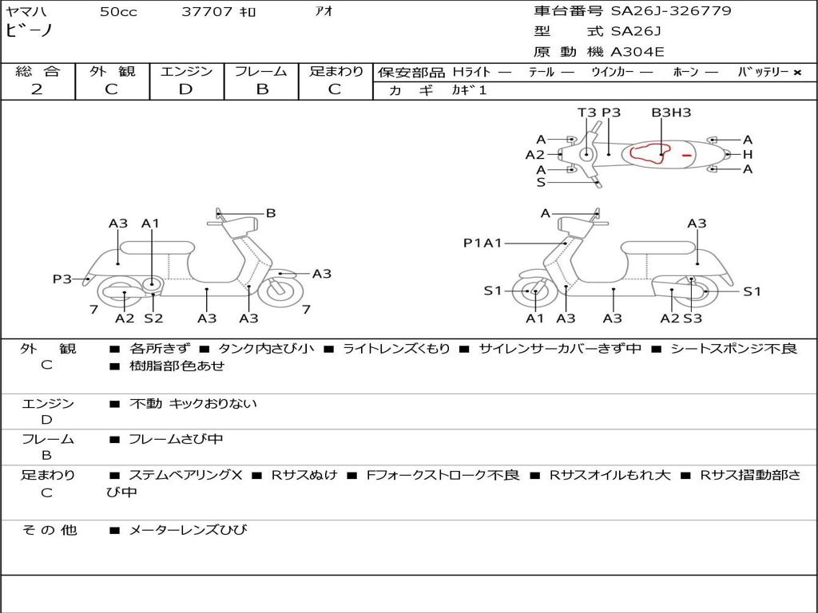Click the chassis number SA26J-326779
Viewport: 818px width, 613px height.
pyautogui.click(x=671, y=11)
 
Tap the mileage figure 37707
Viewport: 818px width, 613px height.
pyautogui.click(x=207, y=11)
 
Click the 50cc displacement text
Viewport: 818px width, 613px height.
pyautogui.click(x=118, y=11)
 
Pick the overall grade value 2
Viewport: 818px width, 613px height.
pyautogui.click(x=37, y=89)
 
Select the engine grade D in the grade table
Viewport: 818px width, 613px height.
pyautogui.click(x=185, y=89)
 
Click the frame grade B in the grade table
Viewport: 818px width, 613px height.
pyautogui.click(x=262, y=89)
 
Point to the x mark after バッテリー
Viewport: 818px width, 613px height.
pyautogui.click(x=797, y=73)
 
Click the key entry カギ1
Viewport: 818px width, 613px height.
pyautogui.click(x=469, y=90)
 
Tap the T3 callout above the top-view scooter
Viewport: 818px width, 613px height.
pyautogui.click(x=586, y=113)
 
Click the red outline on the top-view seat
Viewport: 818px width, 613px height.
pyautogui.click(x=647, y=152)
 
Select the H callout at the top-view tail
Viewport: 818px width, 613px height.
pyautogui.click(x=748, y=154)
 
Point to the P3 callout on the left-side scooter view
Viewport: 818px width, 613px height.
pyautogui.click(x=62, y=279)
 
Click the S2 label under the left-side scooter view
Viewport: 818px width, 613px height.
pyautogui.click(x=153, y=318)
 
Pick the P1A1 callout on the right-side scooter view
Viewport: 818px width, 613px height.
pyautogui.click(x=482, y=243)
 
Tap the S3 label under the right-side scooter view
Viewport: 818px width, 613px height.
pyautogui.click(x=693, y=318)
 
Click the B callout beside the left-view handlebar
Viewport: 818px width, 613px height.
pyautogui.click(x=270, y=213)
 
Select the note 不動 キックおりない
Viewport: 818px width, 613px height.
pyautogui.click(x=193, y=403)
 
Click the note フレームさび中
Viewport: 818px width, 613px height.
pyautogui.click(x=176, y=440)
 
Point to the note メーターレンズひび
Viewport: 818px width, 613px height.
pyautogui.click(x=188, y=530)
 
